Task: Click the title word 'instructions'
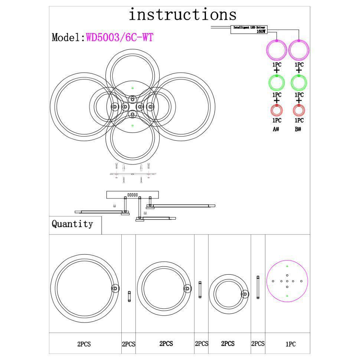click(182, 15)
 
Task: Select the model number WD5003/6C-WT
click(120, 37)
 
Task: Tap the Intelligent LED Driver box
click(250, 29)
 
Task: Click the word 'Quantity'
click(72, 224)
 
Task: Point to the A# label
click(276, 130)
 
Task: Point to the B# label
click(298, 130)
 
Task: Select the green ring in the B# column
click(299, 82)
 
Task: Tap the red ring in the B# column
click(299, 110)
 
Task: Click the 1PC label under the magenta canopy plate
click(291, 344)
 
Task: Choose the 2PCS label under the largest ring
click(84, 344)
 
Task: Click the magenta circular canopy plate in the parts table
click(287, 281)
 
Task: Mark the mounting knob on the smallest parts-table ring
click(245, 294)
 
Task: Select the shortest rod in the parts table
click(129, 297)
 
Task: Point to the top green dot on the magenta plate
click(287, 266)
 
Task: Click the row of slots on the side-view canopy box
click(132, 195)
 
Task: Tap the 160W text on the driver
click(261, 32)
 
